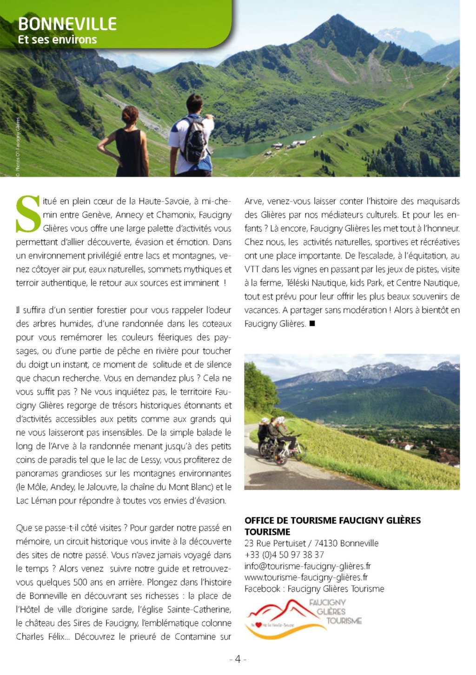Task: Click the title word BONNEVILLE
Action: point(67,24)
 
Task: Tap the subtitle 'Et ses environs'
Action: point(57,40)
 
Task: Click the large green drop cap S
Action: point(28,214)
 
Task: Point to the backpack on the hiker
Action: point(194,140)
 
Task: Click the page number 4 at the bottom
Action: point(238,659)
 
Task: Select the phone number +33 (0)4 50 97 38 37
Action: point(284,555)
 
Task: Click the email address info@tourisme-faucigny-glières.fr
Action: point(307,566)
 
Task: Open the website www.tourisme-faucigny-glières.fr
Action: point(306,577)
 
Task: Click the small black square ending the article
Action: point(312,323)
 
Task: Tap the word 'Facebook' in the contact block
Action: point(263,589)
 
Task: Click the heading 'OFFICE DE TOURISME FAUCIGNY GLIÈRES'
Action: point(332,520)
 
